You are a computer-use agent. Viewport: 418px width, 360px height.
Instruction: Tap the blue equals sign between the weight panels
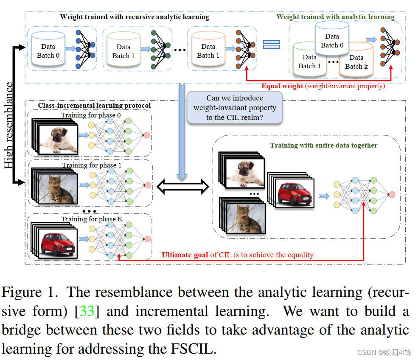click(x=272, y=44)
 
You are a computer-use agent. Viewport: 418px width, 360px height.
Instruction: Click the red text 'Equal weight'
click(x=282, y=86)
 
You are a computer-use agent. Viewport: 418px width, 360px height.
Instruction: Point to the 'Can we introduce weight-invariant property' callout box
click(x=235, y=108)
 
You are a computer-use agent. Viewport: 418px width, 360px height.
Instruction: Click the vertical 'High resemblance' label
click(x=9, y=126)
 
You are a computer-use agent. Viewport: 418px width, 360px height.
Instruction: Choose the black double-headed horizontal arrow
click(x=183, y=186)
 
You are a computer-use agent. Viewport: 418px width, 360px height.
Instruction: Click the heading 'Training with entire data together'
click(x=323, y=145)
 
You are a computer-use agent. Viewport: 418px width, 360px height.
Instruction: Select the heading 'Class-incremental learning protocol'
click(x=94, y=105)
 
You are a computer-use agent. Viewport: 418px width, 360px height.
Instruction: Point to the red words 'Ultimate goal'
click(x=185, y=255)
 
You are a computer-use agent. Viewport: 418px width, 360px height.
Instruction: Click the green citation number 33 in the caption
click(x=87, y=311)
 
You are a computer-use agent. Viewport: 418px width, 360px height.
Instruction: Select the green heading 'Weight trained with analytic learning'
click(x=335, y=17)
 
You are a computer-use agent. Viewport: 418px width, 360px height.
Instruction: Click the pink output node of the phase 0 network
click(x=146, y=135)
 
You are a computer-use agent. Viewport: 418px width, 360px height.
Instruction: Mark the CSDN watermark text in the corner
click(x=384, y=352)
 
